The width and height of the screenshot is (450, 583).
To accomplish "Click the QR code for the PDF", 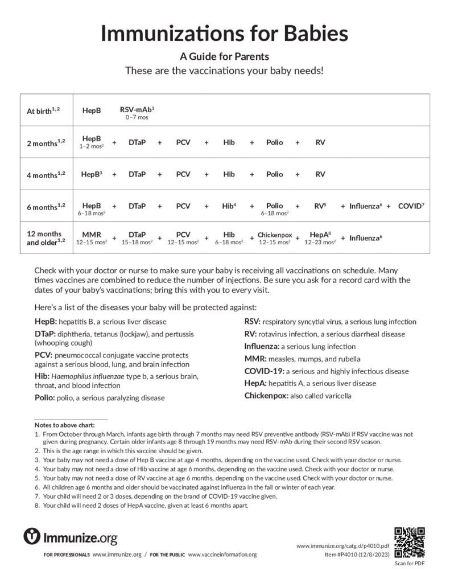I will pos(409,543).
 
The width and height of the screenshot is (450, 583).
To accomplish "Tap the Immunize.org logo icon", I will pos(32,536).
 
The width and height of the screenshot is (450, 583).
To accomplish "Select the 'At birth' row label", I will pos(43,111).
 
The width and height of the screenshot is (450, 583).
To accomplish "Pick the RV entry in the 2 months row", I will pos(320,142).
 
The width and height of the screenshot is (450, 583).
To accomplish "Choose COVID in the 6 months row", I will pos(410,206).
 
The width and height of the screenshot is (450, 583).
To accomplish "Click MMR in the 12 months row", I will pos(92,234).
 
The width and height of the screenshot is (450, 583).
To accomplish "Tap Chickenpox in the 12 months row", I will pos(274,234).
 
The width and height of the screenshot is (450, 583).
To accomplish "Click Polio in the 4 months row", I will pos(274,174).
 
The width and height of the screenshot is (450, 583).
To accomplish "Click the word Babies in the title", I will pos(312,34).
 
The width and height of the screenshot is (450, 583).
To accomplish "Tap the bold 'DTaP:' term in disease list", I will pos(46,334).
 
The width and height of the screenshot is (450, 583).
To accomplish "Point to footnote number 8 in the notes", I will pos(37,505).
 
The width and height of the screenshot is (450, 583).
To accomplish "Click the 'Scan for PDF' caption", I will pos(409,564).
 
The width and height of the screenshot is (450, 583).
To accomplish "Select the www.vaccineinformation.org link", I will pos(222,555).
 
